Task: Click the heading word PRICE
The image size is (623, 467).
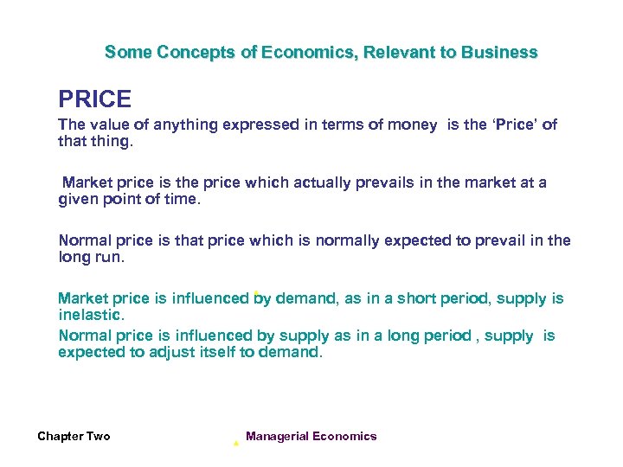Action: pyautogui.click(x=94, y=99)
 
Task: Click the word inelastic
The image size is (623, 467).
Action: pyautogui.click(x=91, y=315)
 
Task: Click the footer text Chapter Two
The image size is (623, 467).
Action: pyautogui.click(x=74, y=437)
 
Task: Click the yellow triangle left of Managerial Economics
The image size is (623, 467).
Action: pyautogui.click(x=235, y=443)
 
